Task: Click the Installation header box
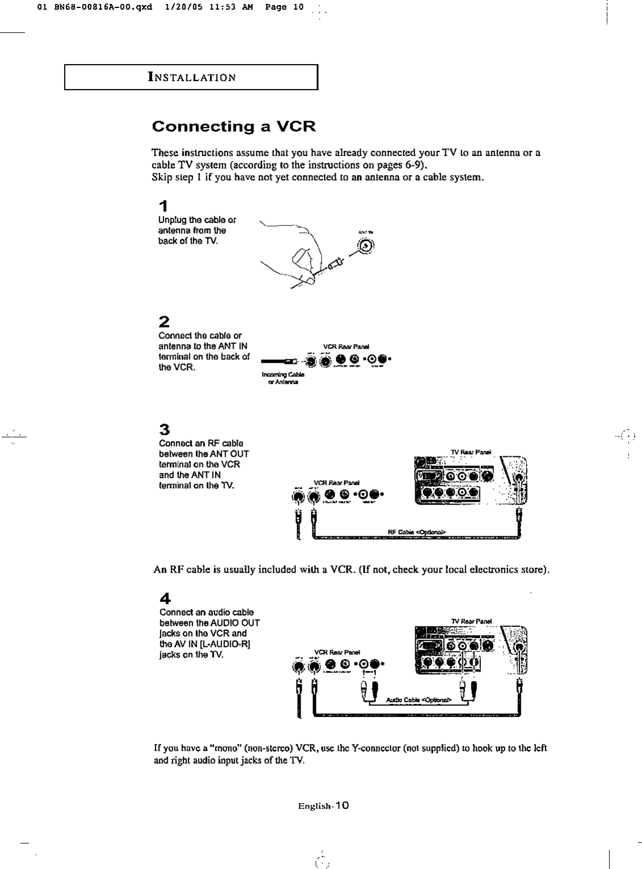tap(191, 78)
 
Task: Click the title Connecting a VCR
tap(233, 126)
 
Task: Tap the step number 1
tap(163, 206)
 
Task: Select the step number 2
tap(164, 322)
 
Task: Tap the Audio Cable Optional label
tap(418, 700)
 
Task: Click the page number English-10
tap(323, 806)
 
